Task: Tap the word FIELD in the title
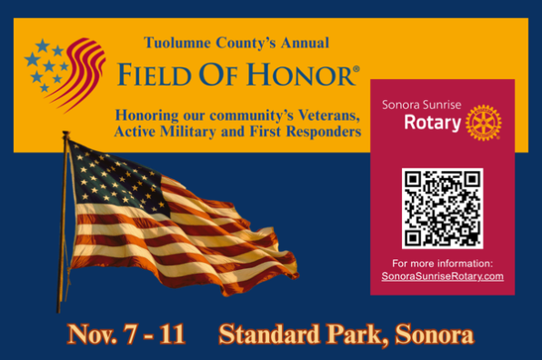pyautogui.click(x=155, y=75)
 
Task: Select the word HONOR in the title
pyautogui.click(x=301, y=75)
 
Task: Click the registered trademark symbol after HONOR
pyautogui.click(x=356, y=69)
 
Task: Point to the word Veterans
pyautogui.click(x=328, y=115)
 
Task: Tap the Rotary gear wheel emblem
pyautogui.click(x=483, y=123)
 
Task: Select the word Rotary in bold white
pyautogui.click(x=433, y=123)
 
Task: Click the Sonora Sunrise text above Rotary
pyautogui.click(x=421, y=105)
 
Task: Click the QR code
pyautogui.click(x=443, y=208)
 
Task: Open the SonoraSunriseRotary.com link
pyautogui.click(x=443, y=276)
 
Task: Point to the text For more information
pyautogui.click(x=443, y=264)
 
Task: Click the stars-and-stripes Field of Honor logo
pyautogui.click(x=65, y=75)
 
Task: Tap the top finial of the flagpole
pyautogui.click(x=65, y=133)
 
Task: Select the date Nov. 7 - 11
pyautogui.click(x=126, y=335)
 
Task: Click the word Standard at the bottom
pyautogui.click(x=269, y=335)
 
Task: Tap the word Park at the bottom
pyautogui.click(x=356, y=335)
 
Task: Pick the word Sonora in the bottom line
pyautogui.click(x=434, y=335)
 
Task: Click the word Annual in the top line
pyautogui.click(x=305, y=44)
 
